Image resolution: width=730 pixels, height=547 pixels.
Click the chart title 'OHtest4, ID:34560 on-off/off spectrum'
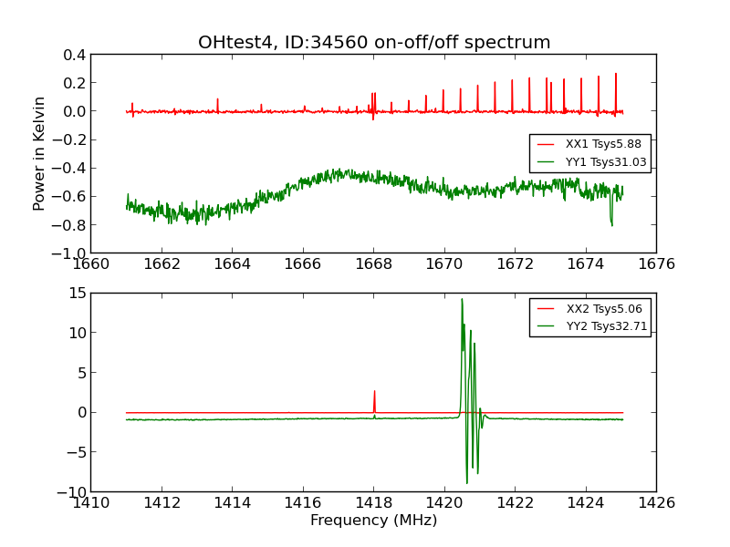coord(374,43)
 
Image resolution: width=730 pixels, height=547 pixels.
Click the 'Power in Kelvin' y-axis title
coord(40,153)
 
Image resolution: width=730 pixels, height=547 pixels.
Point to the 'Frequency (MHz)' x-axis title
coord(373,521)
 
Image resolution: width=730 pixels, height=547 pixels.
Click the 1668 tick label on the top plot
coord(373,264)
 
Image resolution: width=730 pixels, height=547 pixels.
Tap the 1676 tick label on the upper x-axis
coord(655,264)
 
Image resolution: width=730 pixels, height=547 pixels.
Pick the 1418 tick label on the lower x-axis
coord(373,502)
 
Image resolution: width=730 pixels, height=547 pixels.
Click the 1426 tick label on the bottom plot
coord(655,502)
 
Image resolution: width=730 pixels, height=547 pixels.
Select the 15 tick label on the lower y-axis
coord(77,294)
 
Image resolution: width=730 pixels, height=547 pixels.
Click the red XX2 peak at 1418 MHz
coord(374,392)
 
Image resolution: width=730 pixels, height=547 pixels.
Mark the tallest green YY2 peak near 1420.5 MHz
coord(462,300)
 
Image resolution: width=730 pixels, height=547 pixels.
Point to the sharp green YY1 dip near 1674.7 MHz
coord(611,223)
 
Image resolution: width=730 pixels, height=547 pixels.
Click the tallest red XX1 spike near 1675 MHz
coord(616,75)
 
